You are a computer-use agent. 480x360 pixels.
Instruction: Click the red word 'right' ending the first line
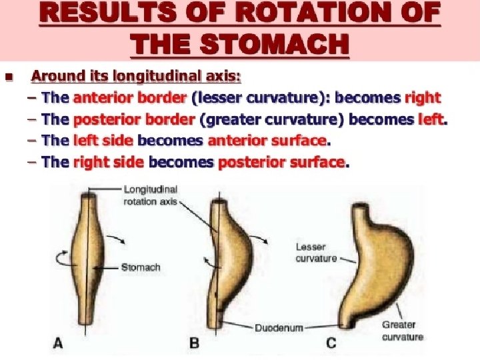(422, 97)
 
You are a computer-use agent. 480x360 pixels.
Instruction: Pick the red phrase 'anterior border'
(130, 97)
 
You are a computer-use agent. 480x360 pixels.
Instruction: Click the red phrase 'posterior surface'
(281, 162)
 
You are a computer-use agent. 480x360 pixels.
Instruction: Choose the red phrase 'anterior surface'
(267, 141)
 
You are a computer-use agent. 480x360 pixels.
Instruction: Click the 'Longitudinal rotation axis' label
(150, 195)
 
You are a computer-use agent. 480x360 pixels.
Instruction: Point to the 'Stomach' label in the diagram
(141, 267)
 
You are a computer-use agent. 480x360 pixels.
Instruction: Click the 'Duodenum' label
(279, 327)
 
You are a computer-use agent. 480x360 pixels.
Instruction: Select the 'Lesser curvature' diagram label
(316, 252)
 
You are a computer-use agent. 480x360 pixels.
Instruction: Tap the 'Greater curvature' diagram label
(401, 331)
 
